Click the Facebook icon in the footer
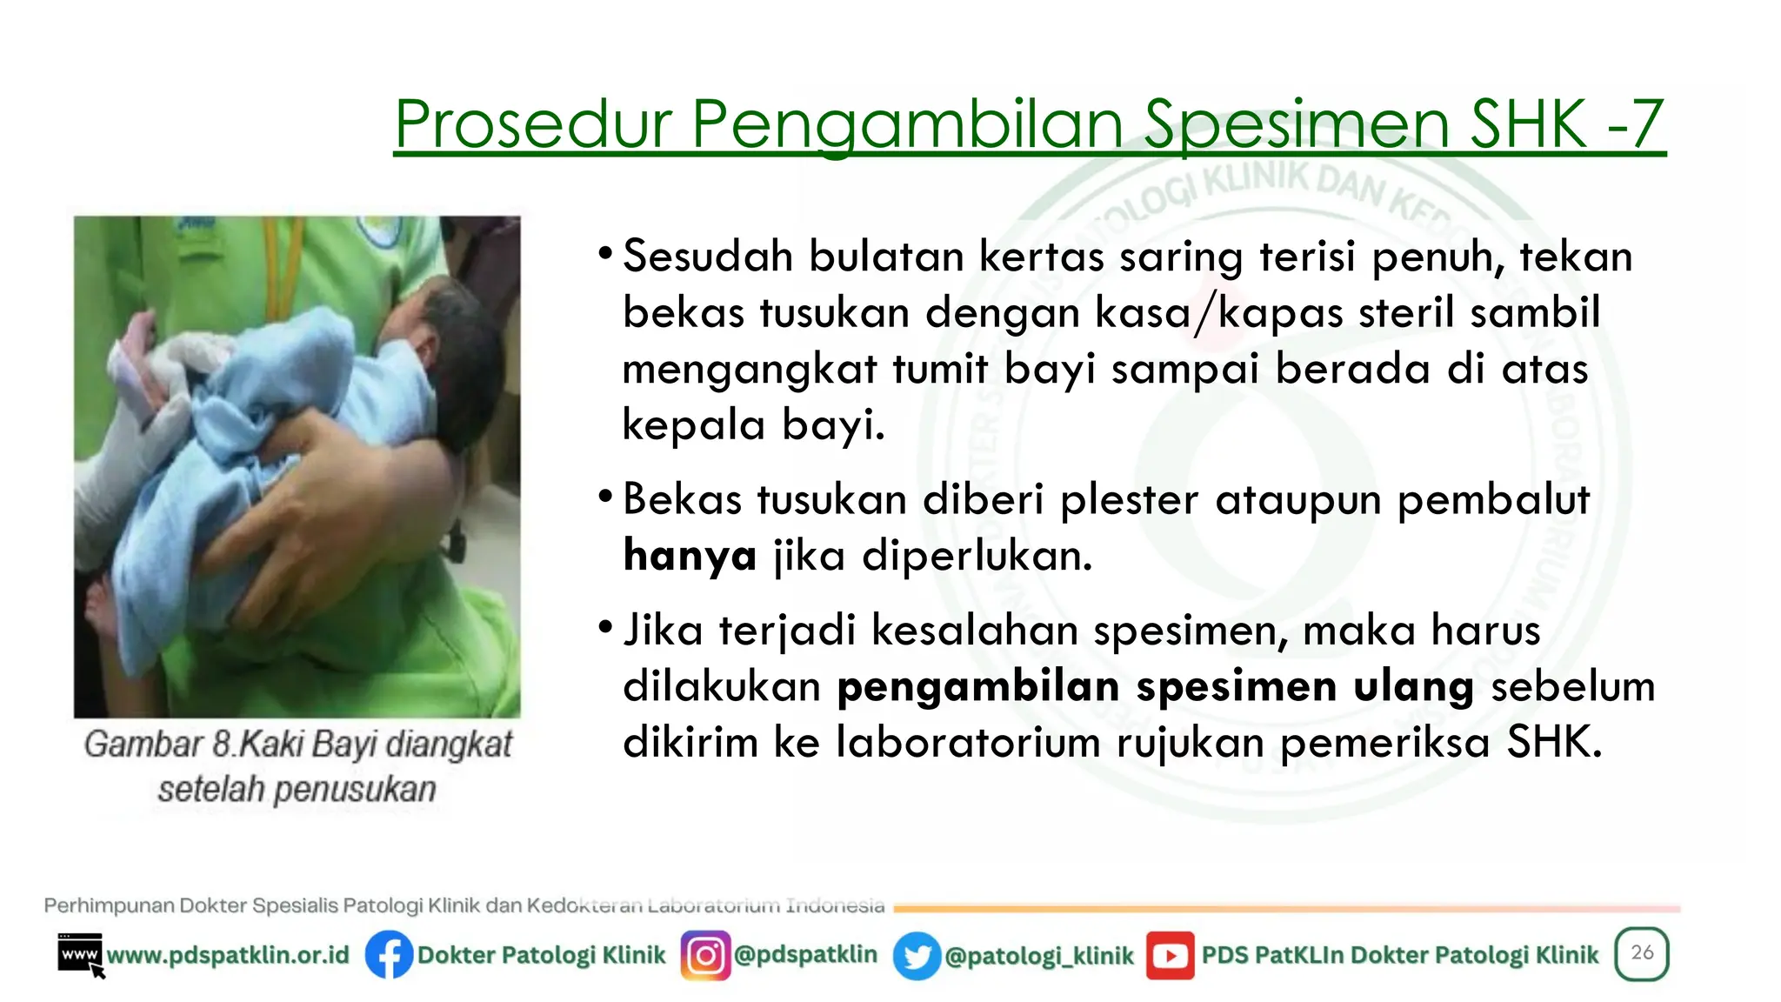(x=389, y=955)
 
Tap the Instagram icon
(x=705, y=955)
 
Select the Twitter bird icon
(x=917, y=956)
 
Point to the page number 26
(x=1642, y=952)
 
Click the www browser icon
(x=80, y=955)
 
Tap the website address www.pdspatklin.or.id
(x=228, y=955)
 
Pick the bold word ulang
(x=1413, y=686)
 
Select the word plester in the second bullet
(x=1130, y=500)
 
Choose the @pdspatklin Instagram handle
(x=805, y=954)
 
